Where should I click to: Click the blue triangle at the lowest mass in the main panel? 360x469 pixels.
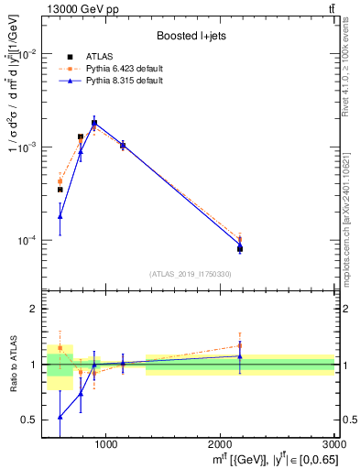pos(60,216)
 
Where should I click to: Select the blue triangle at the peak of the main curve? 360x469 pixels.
pos(94,122)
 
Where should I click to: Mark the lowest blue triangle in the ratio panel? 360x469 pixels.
pos(60,417)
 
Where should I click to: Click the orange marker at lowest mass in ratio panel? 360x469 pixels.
pos(60,348)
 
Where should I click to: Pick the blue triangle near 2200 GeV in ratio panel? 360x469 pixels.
pos(240,355)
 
